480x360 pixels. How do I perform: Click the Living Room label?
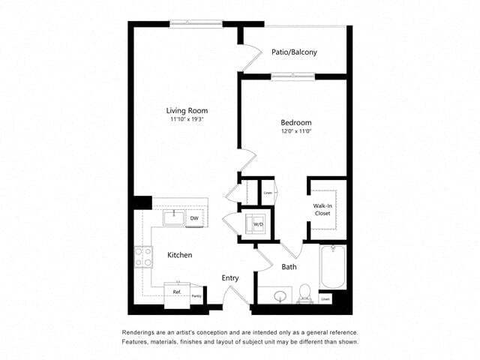pos(187,111)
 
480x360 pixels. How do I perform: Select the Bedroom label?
pos(296,123)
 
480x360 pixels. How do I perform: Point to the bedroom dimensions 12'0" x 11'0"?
pos(296,132)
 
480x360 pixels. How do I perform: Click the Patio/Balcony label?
pos(294,52)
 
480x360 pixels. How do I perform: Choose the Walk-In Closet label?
pos(323,208)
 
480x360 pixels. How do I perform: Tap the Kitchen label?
pos(179,255)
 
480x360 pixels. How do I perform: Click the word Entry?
pos(230,278)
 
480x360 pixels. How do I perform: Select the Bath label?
pos(289,267)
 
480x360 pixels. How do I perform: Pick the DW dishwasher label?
pos(193,218)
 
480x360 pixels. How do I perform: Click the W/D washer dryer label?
pos(258,223)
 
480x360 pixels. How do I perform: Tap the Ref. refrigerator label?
pos(177,291)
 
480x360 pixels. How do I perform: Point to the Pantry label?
pos(196,296)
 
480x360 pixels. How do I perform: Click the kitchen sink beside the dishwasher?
pos(174,218)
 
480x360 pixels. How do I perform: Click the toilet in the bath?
pos(305,293)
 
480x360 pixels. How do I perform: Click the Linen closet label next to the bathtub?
pos(325,298)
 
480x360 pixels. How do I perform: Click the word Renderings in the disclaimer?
pos(139,332)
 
